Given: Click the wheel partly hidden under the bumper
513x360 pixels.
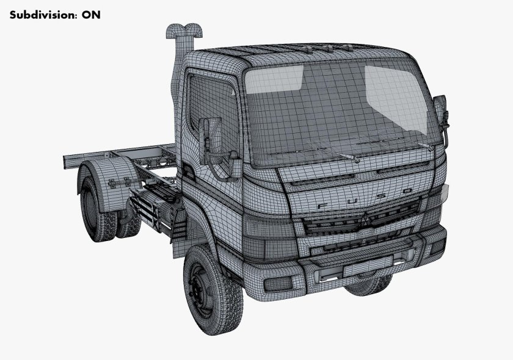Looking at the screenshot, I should pos(369,286).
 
